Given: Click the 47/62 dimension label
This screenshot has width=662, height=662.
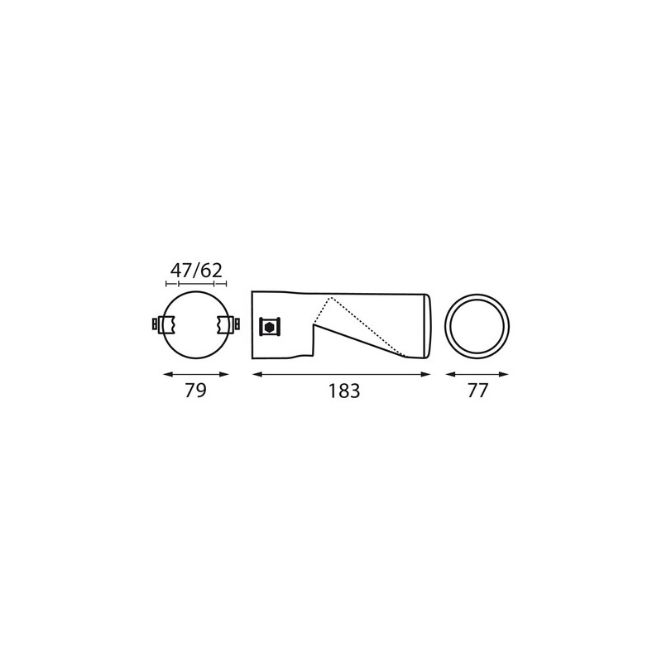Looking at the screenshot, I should [x=196, y=271].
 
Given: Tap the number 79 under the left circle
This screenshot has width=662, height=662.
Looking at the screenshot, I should [x=195, y=391].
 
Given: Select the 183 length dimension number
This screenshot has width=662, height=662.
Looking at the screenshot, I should [x=343, y=391].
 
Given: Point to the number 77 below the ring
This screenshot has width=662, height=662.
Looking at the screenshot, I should [x=477, y=391].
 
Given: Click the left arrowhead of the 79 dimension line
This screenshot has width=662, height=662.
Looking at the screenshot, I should [x=164, y=375].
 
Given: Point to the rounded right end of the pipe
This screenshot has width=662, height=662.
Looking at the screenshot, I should [x=428, y=325].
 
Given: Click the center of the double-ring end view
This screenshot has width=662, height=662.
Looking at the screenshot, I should [x=477, y=324].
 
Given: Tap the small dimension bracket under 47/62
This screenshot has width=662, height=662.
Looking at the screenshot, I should [x=196, y=285].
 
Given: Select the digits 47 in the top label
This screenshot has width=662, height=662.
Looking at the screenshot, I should [x=182, y=271].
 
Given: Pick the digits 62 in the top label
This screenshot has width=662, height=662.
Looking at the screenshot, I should [x=211, y=271].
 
